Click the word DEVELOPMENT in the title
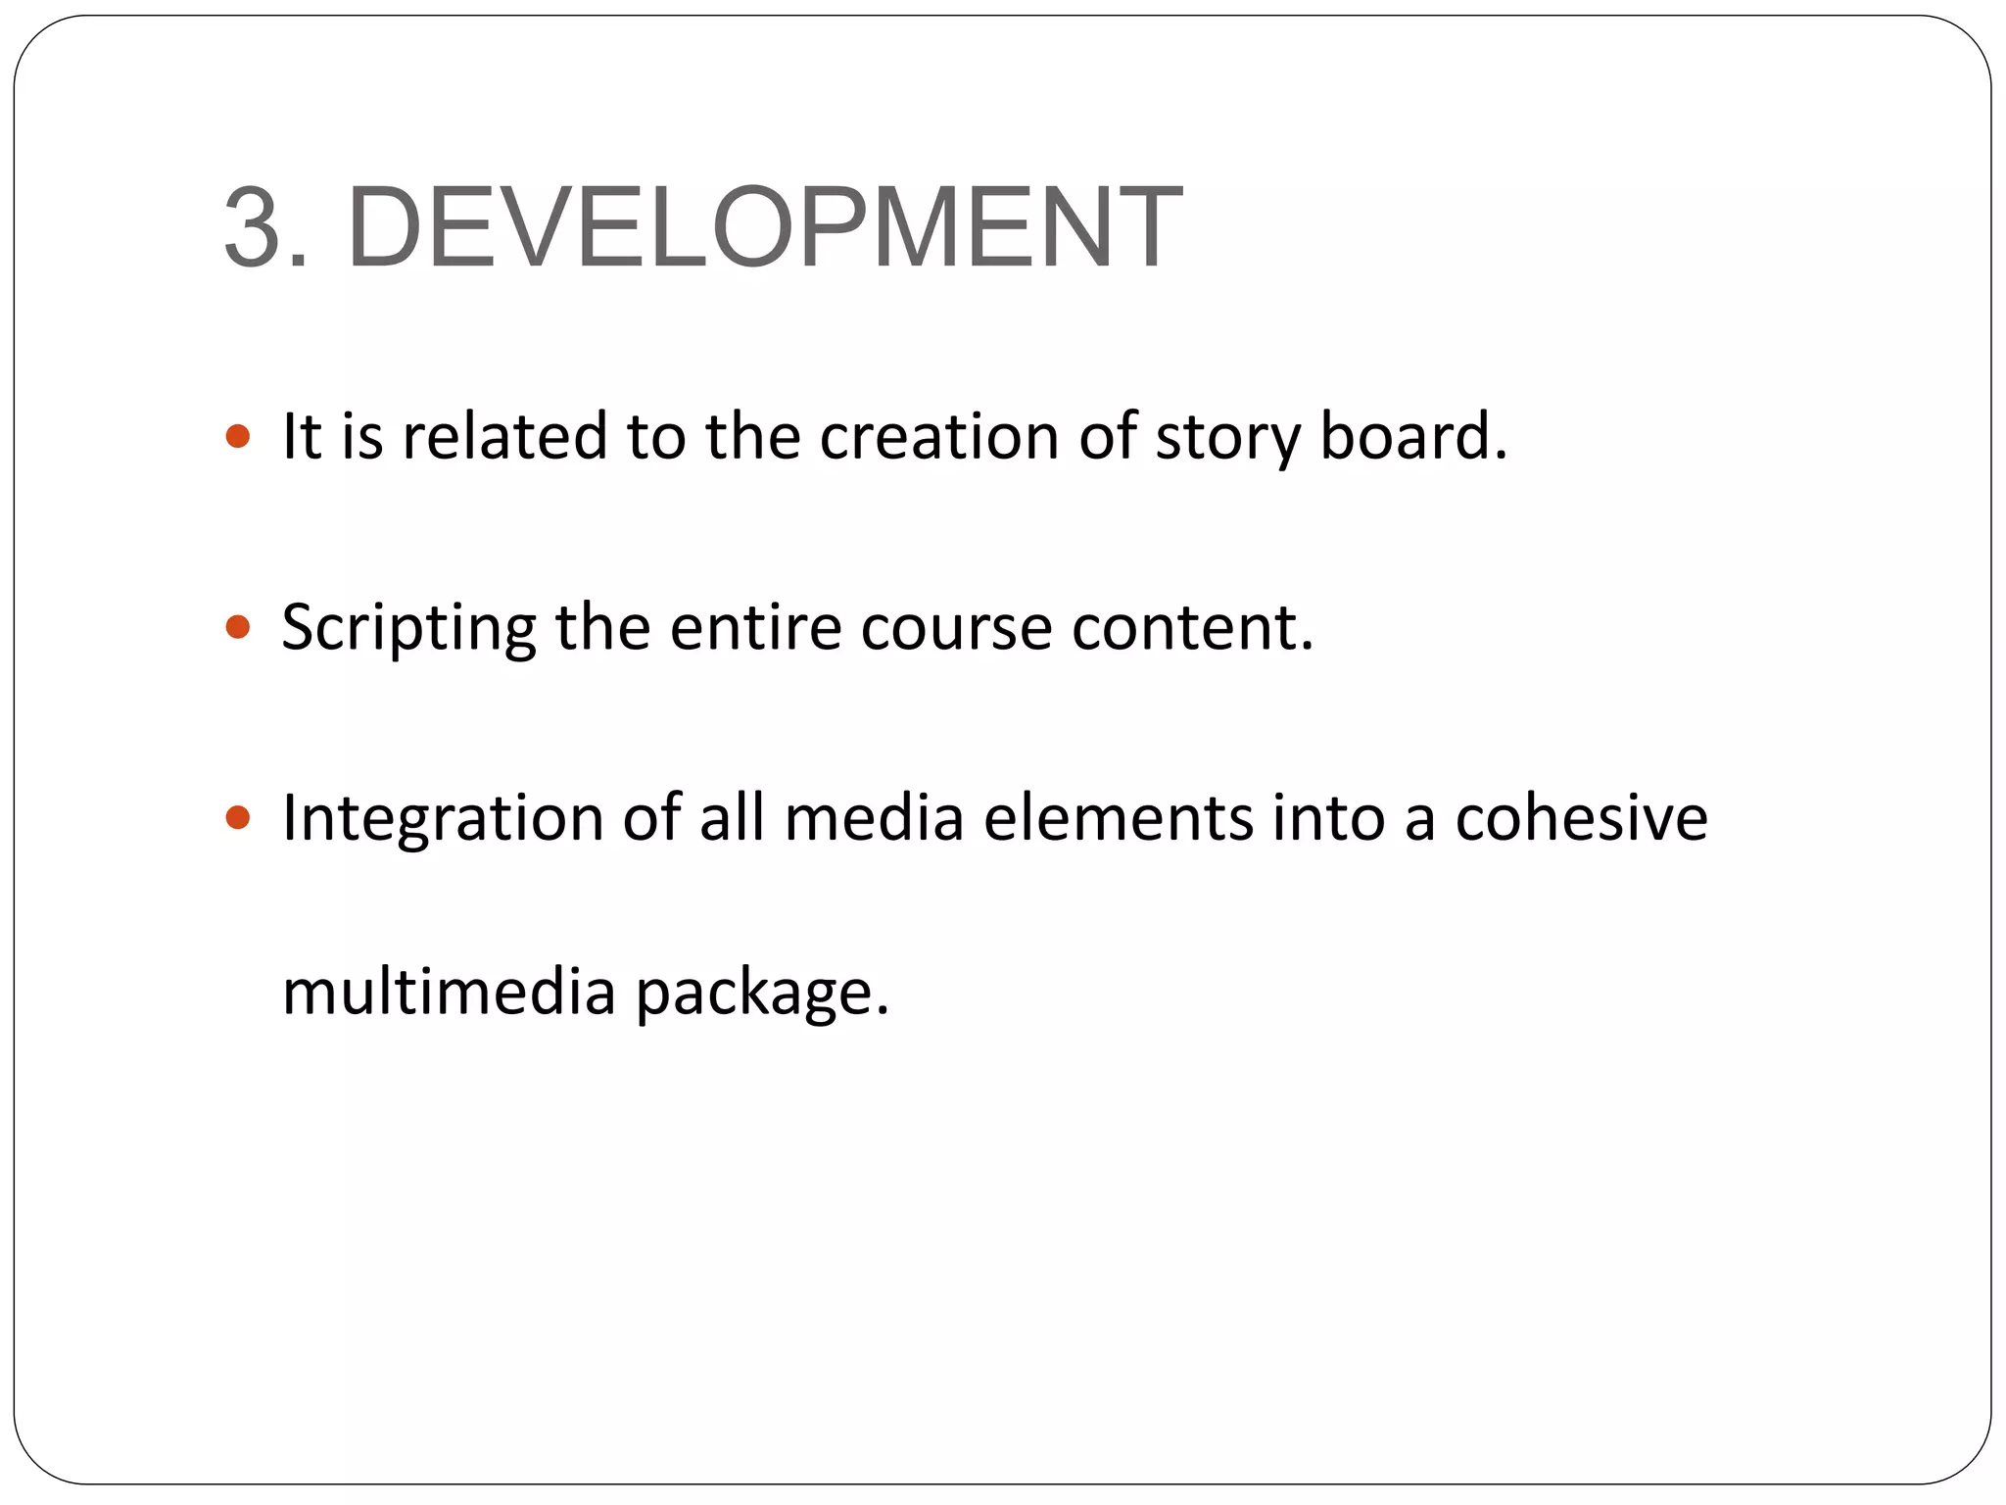click(764, 227)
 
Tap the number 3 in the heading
click(257, 227)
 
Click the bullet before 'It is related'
click(238, 435)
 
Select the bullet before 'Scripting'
click(238, 626)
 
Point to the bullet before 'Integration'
click(238, 816)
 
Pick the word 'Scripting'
click(408, 628)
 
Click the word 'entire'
click(755, 626)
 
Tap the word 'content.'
click(1192, 626)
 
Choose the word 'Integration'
click(443, 817)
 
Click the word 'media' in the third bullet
click(874, 817)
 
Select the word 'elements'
click(1118, 817)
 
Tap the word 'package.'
click(762, 994)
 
